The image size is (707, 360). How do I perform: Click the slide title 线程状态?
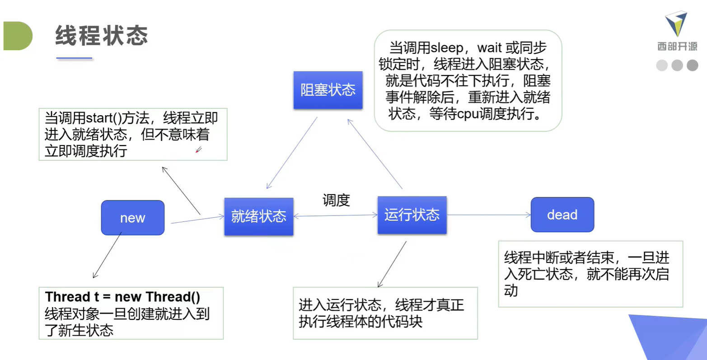pos(101,35)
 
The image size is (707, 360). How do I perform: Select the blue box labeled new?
pos(132,218)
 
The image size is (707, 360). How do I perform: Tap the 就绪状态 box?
pos(258,216)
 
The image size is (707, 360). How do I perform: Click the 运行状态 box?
pos(412,215)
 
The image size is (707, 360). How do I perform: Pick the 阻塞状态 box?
pos(328,90)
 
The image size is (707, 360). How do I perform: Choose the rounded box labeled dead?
pos(562,215)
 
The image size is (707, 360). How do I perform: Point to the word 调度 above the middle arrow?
pos(336,200)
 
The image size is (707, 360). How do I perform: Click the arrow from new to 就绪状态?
pos(197,220)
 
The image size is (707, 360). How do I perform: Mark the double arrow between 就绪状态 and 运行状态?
pos(335,216)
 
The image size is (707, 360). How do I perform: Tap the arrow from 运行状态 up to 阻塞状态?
pos(375,154)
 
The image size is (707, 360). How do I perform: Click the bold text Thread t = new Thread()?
pos(122,297)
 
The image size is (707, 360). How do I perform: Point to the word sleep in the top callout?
pos(447,48)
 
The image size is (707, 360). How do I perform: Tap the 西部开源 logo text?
pos(677,47)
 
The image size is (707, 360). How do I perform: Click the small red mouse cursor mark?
pos(198,150)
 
